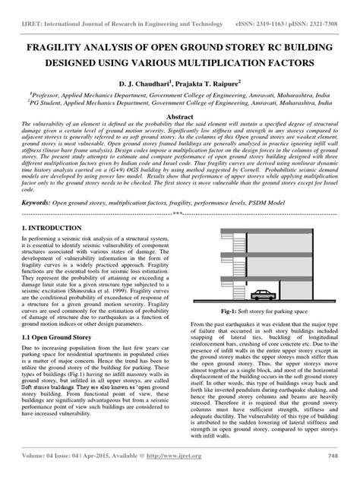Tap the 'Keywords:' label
[39, 204]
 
